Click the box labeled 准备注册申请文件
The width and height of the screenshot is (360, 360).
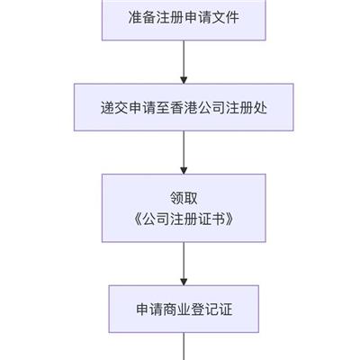pos(184,18)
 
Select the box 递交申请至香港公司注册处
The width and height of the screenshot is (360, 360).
pos(184,111)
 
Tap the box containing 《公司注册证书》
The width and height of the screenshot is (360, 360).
pos(184,208)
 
